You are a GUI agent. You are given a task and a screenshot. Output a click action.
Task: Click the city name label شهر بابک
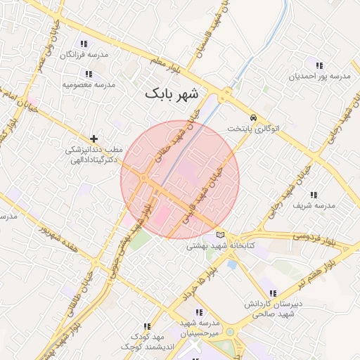(172, 93)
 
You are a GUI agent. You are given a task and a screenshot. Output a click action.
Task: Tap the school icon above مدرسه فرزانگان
(84, 44)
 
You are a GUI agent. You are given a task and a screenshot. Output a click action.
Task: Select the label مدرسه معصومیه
(88, 84)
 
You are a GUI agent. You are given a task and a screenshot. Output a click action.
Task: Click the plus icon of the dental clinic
(94, 139)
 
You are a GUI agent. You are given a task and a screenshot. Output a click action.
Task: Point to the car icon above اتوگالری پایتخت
(253, 117)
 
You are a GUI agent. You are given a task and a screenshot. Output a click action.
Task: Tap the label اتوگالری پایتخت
(253, 129)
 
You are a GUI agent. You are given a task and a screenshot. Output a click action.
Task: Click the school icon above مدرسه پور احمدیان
(320, 65)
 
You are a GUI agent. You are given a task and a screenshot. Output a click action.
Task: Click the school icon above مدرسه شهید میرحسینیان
(199, 311)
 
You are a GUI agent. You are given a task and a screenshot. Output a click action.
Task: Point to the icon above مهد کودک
(147, 326)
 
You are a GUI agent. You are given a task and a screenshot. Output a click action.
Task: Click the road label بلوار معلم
(167, 66)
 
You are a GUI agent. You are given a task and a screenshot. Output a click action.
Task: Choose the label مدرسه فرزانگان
(85, 55)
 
